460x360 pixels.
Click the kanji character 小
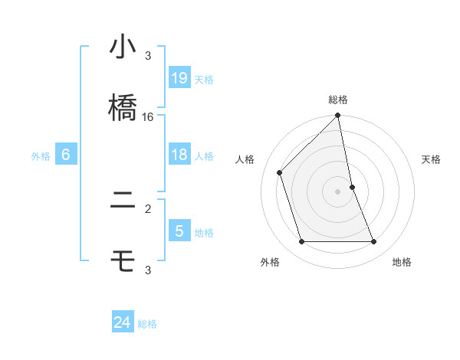point(123,48)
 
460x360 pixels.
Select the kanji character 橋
point(123,107)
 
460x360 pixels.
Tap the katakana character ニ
point(123,203)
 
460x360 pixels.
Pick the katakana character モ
point(123,263)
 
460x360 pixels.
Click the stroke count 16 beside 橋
point(148,117)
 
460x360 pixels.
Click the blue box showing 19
point(179,78)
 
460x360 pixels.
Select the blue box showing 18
point(179,155)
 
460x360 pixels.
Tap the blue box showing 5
point(179,231)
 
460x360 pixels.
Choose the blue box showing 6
point(66,155)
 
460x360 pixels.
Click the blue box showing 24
point(123,322)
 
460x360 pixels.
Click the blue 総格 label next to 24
point(147,324)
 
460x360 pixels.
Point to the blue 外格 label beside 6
point(41,156)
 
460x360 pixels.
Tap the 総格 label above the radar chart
point(338,100)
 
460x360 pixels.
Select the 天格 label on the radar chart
point(432,159)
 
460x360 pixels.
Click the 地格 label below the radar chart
point(402,262)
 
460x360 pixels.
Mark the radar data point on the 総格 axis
point(338,116)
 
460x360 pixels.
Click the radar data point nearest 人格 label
point(280,172)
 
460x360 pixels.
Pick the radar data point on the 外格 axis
point(302,242)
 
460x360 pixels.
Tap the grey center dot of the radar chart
point(338,191)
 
